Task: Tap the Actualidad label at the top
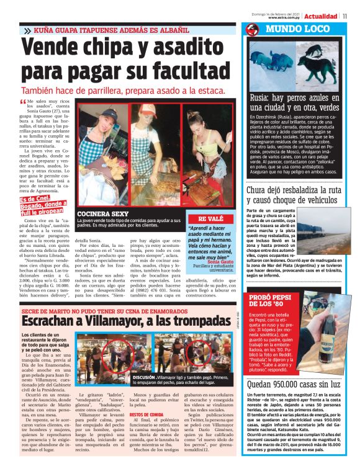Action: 321,16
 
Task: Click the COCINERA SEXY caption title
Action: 102,213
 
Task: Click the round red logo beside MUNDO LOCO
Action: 252,29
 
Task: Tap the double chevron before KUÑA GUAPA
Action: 27,30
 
